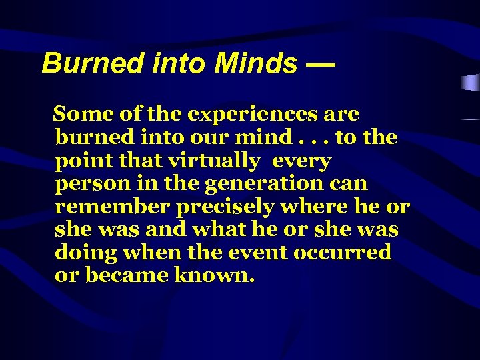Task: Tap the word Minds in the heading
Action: click(256, 63)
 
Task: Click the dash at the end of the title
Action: click(321, 64)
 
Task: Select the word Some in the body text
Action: click(82, 114)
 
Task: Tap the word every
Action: click(302, 161)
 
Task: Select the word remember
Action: click(113, 207)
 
